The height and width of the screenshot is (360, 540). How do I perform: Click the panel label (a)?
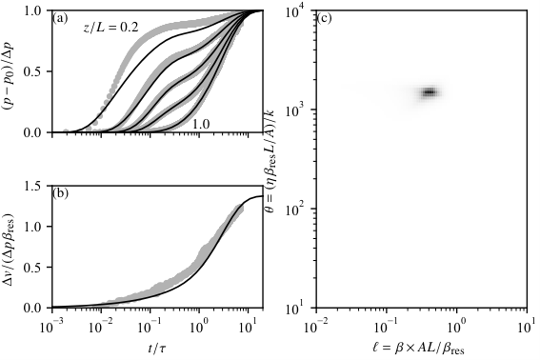click(x=60, y=18)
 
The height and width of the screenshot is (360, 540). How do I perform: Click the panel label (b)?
click(x=61, y=193)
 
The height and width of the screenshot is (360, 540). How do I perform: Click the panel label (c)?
click(x=324, y=18)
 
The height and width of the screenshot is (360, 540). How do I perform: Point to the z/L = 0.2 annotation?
click(x=110, y=28)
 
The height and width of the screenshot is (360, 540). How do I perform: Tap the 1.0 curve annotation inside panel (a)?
click(x=201, y=123)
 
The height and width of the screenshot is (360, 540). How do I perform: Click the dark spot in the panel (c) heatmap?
click(x=430, y=92)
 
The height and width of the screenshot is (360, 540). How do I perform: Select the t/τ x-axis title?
click(x=157, y=349)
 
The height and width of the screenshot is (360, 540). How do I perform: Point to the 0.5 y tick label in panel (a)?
click(x=32, y=71)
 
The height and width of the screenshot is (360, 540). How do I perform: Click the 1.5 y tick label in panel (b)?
click(x=32, y=186)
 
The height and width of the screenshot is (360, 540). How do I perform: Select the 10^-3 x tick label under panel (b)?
click(x=51, y=327)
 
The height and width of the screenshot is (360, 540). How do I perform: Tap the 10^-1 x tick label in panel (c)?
click(x=387, y=327)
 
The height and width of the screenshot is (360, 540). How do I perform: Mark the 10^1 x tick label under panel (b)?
click(x=249, y=327)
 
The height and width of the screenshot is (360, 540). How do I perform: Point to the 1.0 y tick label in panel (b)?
click(x=32, y=227)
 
